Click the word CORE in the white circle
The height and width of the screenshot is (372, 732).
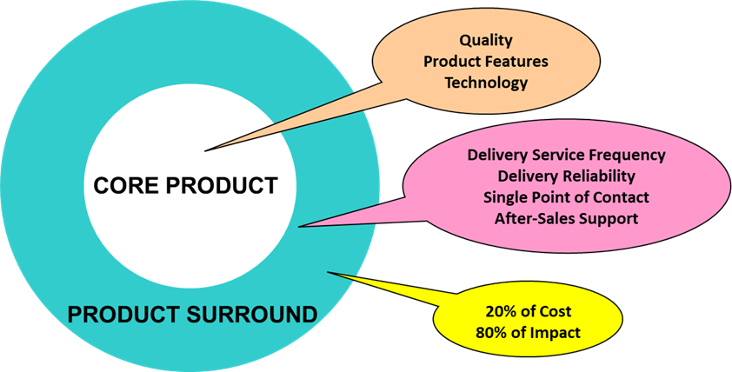coord(127,185)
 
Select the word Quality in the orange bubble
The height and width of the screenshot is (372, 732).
coord(486,40)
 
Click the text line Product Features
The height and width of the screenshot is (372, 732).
coord(486,62)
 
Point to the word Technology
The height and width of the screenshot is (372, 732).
coord(486,83)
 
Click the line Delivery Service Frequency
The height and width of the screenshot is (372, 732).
coord(566,156)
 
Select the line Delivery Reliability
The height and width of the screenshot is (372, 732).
coord(566,176)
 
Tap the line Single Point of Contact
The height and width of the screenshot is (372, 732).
coord(566,197)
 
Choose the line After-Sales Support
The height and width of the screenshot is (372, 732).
coord(566,218)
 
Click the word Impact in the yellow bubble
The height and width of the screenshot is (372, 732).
coord(556,332)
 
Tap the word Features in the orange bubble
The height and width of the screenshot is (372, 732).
coord(518,62)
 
